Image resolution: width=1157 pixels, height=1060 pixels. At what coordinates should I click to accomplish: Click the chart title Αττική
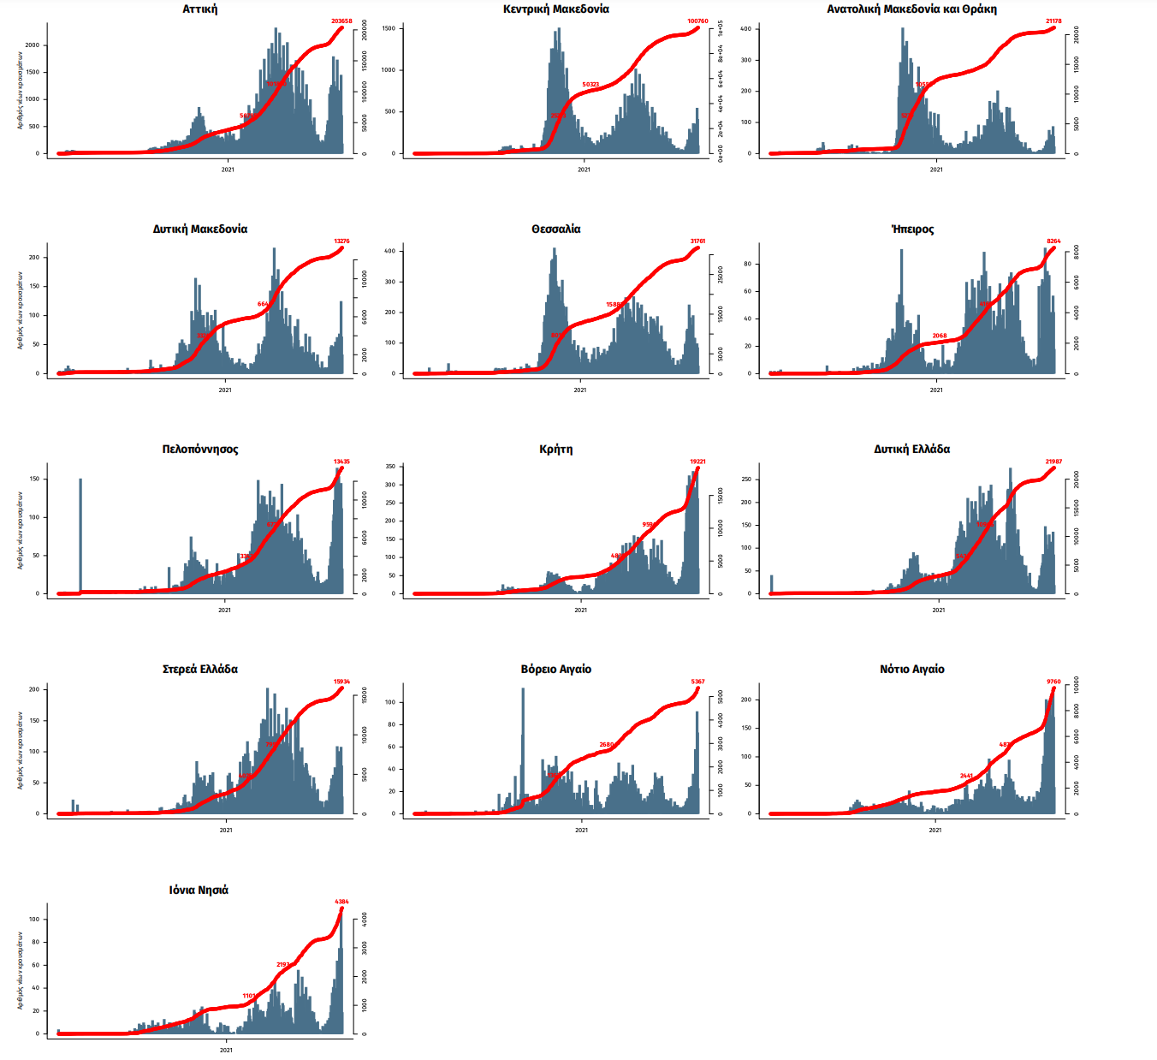coord(200,9)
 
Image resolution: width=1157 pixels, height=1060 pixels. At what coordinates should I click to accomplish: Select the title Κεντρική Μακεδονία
coord(556,9)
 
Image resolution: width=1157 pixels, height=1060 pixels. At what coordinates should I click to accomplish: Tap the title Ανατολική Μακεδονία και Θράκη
coord(911,9)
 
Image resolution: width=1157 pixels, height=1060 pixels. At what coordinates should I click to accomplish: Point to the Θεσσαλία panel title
coord(556,229)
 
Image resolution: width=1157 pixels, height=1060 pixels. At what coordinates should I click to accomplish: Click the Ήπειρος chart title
coord(912,229)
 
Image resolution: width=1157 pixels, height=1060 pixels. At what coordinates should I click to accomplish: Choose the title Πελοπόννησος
coord(200,450)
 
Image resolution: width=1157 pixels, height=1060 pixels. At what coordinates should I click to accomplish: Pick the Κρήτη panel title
coord(556,450)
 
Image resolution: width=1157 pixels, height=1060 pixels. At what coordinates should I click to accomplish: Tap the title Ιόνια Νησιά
coord(199,890)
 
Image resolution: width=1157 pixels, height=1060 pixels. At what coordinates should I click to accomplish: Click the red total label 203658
coord(341,21)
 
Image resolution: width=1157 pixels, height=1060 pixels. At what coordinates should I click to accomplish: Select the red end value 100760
coord(697,21)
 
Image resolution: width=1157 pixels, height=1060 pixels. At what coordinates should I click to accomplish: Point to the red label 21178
coord(1053,21)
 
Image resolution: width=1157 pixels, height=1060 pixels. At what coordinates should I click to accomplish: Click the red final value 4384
coord(341,902)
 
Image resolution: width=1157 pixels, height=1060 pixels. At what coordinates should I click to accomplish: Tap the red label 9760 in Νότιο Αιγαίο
coord(1053,682)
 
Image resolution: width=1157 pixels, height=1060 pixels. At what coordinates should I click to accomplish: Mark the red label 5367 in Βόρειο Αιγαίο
coord(697,682)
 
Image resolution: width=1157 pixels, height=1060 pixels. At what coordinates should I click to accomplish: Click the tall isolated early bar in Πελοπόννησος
coord(80,535)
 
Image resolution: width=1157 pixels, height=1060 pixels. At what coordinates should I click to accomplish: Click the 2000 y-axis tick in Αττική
coord(33,45)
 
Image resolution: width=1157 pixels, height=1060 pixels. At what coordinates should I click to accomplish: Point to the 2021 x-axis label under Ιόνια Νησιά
coord(226,1050)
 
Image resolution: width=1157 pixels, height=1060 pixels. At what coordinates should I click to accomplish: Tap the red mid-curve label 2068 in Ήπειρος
coord(940,336)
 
